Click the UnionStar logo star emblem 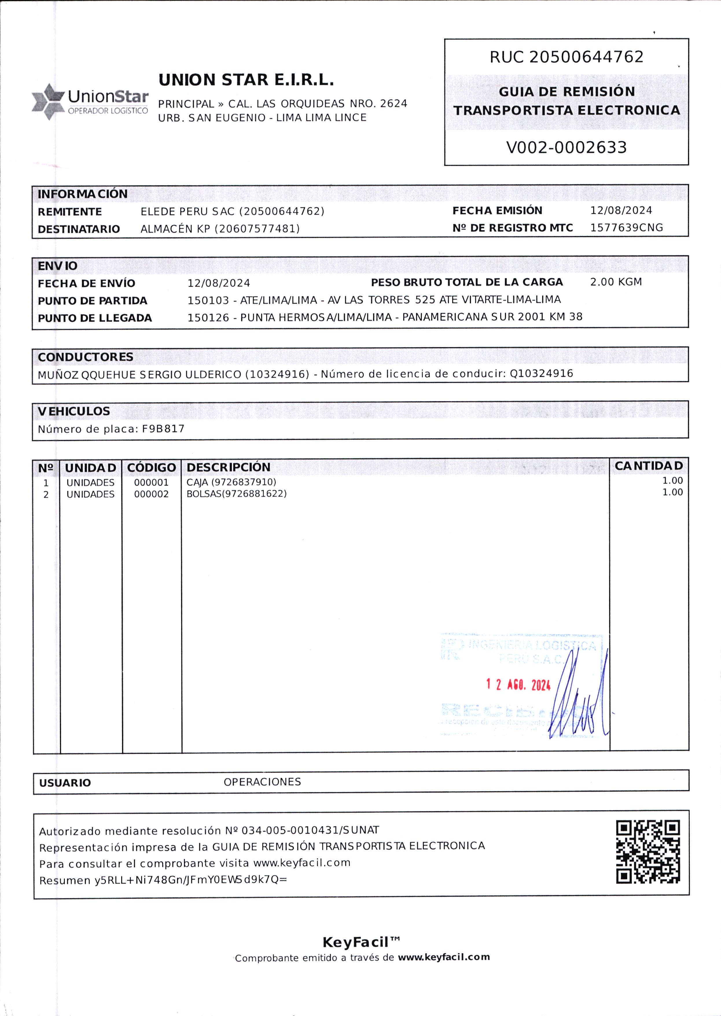(x=48, y=102)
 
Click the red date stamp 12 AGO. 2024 (x=518, y=685)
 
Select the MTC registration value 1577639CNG (x=626, y=228)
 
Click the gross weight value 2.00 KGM (x=616, y=282)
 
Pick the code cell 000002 (x=151, y=494)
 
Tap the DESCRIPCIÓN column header (x=228, y=467)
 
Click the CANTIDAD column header (x=649, y=466)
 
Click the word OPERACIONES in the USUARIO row (x=262, y=782)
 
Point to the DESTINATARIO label (x=79, y=229)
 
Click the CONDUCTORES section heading (x=85, y=357)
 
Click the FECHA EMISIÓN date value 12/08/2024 (x=621, y=210)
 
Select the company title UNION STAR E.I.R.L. (x=246, y=80)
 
